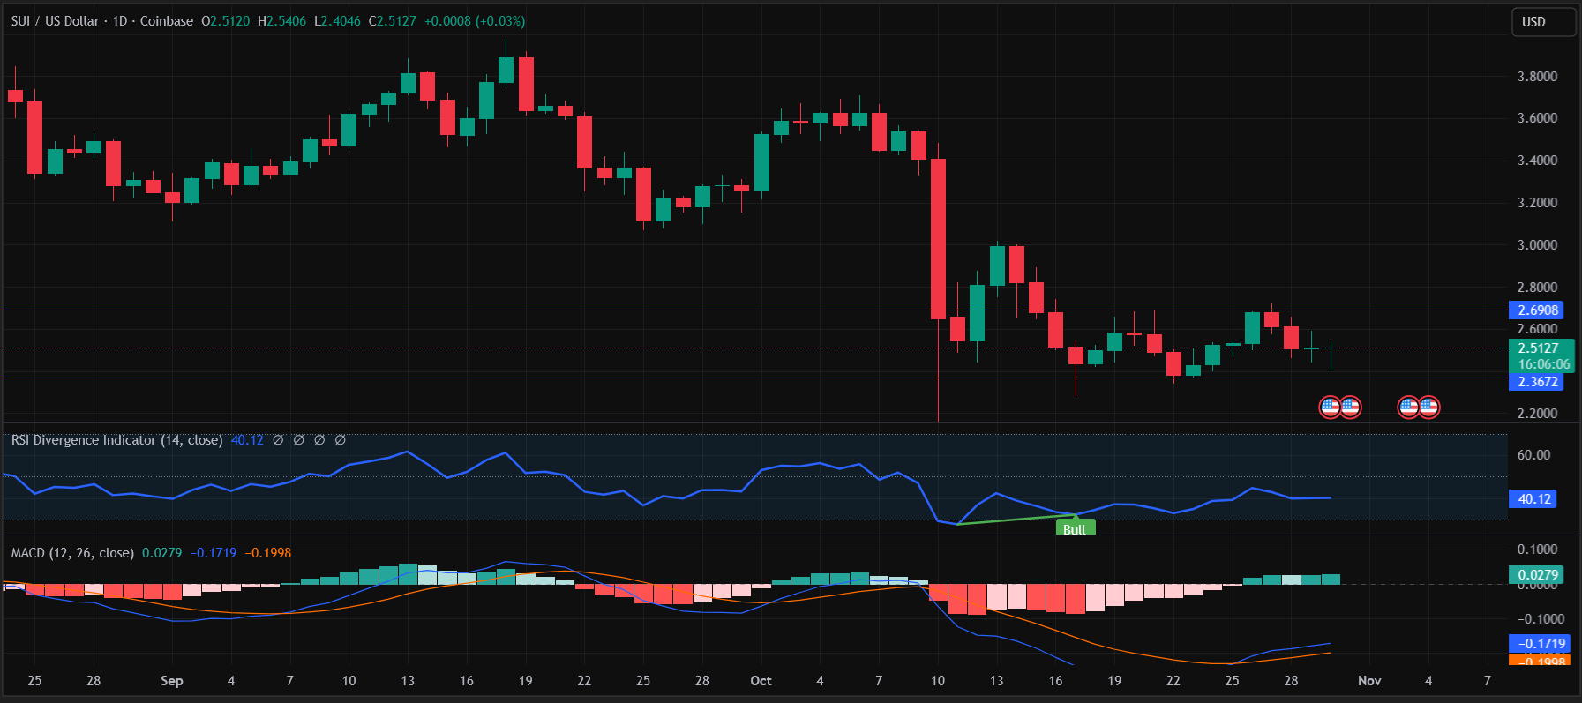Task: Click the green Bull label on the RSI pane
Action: pyautogui.click(x=1075, y=529)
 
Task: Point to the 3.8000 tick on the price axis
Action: pyautogui.click(x=1537, y=77)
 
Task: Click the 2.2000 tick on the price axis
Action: pyautogui.click(x=1537, y=414)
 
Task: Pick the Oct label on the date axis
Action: pyautogui.click(x=761, y=681)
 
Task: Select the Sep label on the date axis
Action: pyautogui.click(x=172, y=681)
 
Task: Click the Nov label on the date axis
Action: pyautogui.click(x=1369, y=681)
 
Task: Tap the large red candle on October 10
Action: pyautogui.click(x=938, y=238)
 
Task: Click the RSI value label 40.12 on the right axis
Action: pyautogui.click(x=1533, y=499)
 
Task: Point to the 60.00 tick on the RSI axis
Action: pyautogui.click(x=1533, y=455)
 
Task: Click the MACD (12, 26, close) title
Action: pyautogui.click(x=72, y=553)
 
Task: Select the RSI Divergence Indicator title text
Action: pyautogui.click(x=116, y=440)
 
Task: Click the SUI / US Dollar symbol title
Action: pyautogui.click(x=55, y=21)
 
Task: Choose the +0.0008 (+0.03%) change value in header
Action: pyautogui.click(x=475, y=21)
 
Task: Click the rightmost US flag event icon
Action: pyautogui.click(x=1428, y=407)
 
